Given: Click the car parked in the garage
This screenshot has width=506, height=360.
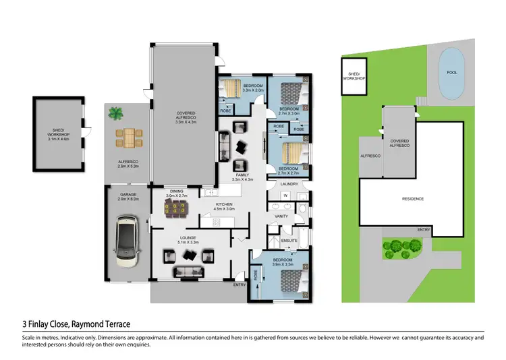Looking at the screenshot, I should [x=126, y=239].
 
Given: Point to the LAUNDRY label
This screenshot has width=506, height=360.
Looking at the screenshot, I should [x=289, y=183].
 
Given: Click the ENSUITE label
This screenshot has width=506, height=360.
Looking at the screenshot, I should [x=289, y=239].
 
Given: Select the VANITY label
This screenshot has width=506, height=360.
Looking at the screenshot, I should [x=281, y=216].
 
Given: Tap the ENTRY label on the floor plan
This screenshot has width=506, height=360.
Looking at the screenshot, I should [x=240, y=284].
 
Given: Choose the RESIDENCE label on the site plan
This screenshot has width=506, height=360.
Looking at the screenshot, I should [x=413, y=199].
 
